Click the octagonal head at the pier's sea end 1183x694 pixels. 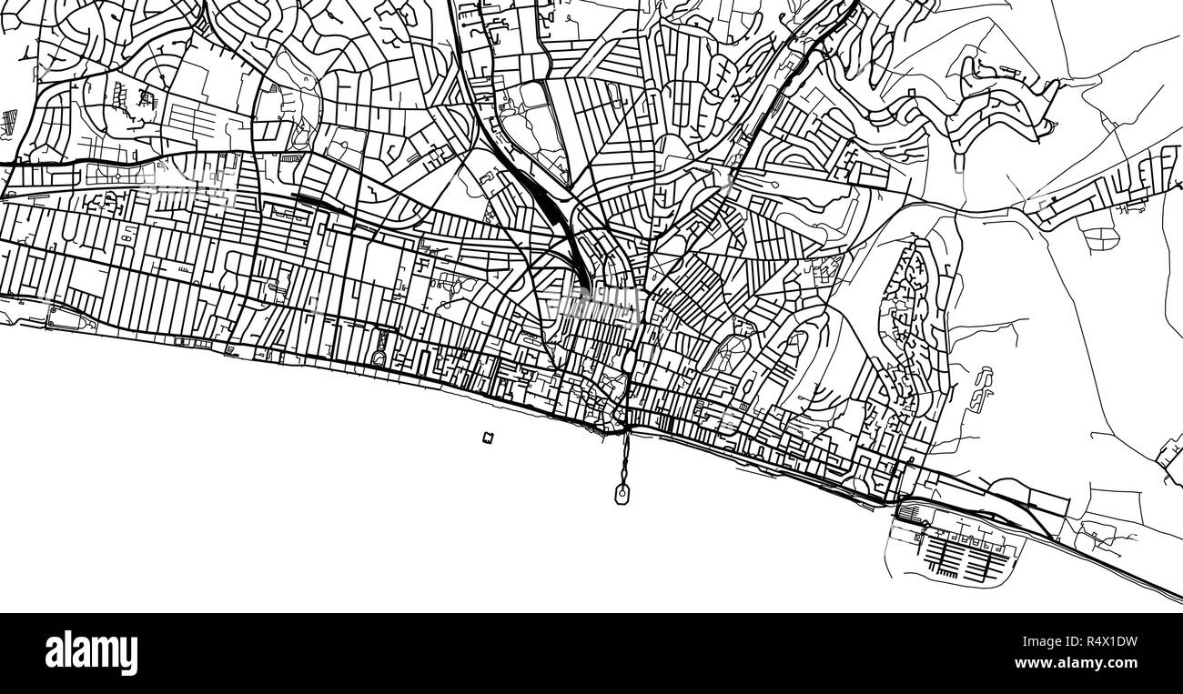click(622, 495)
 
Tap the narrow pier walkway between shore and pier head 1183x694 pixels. click(624, 459)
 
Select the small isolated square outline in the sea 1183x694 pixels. click(489, 438)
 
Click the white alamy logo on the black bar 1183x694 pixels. click(91, 652)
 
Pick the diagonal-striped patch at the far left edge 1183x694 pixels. click(10, 120)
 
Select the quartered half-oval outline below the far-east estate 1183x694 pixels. click(1100, 236)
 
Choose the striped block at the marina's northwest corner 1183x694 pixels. click(910, 515)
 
